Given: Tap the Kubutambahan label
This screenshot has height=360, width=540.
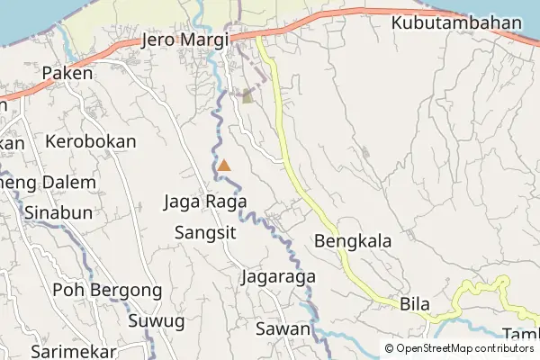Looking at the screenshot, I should coord(456,22).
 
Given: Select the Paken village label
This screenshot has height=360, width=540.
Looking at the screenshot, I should coord(67,74).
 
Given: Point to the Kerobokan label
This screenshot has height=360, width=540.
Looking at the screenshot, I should coord(91,142).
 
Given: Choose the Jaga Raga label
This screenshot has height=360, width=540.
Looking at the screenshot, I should coord(205,202).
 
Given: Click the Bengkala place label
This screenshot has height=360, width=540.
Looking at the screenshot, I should coord(352,241).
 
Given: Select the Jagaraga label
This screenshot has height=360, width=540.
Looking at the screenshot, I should coord(278,277).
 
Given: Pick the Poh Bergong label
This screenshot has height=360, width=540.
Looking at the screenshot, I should coord(107,291).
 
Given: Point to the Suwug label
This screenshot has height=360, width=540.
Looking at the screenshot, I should coord(157,320).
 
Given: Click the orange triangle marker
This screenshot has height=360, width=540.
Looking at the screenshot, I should coord(224,166).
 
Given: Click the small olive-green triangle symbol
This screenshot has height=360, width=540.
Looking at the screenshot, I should coord(247,96).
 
